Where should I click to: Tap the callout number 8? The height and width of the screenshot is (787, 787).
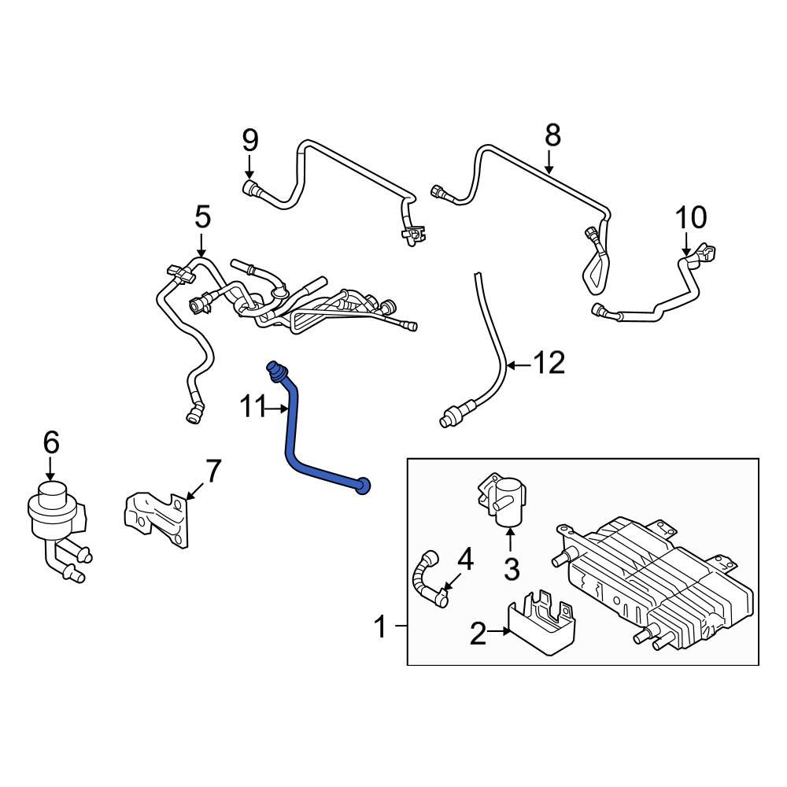point(552,135)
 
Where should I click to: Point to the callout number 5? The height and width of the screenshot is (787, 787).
point(202,216)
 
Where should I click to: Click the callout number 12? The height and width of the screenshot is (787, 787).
point(549,364)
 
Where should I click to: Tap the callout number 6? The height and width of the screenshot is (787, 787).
point(50,443)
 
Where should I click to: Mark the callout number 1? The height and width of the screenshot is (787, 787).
point(379,628)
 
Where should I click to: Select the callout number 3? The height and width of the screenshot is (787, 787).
point(512,568)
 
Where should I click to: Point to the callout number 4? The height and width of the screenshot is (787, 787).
point(466,560)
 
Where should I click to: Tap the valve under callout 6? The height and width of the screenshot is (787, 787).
point(55,519)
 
